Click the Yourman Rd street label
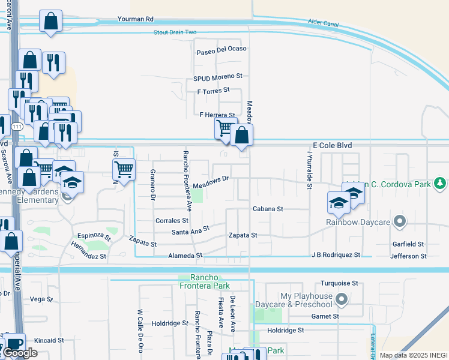point(136,19)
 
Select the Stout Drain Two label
point(175,32)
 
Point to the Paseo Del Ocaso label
point(221,49)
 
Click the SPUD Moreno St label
point(217,77)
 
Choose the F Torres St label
point(213,91)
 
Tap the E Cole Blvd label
point(332,146)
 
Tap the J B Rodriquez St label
point(336,255)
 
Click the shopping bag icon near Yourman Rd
point(51,22)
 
